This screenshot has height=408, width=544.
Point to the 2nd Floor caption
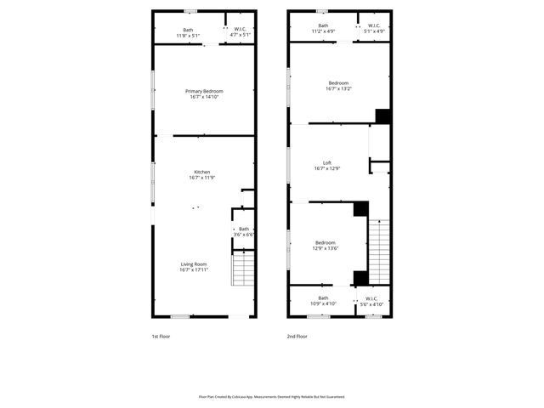click(x=297, y=337)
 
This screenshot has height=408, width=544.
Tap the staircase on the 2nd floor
click(x=380, y=252)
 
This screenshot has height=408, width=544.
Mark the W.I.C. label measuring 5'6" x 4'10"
click(x=371, y=300)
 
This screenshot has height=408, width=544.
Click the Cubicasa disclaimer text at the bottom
click(x=272, y=396)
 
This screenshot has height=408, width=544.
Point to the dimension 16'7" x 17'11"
click(x=194, y=269)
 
